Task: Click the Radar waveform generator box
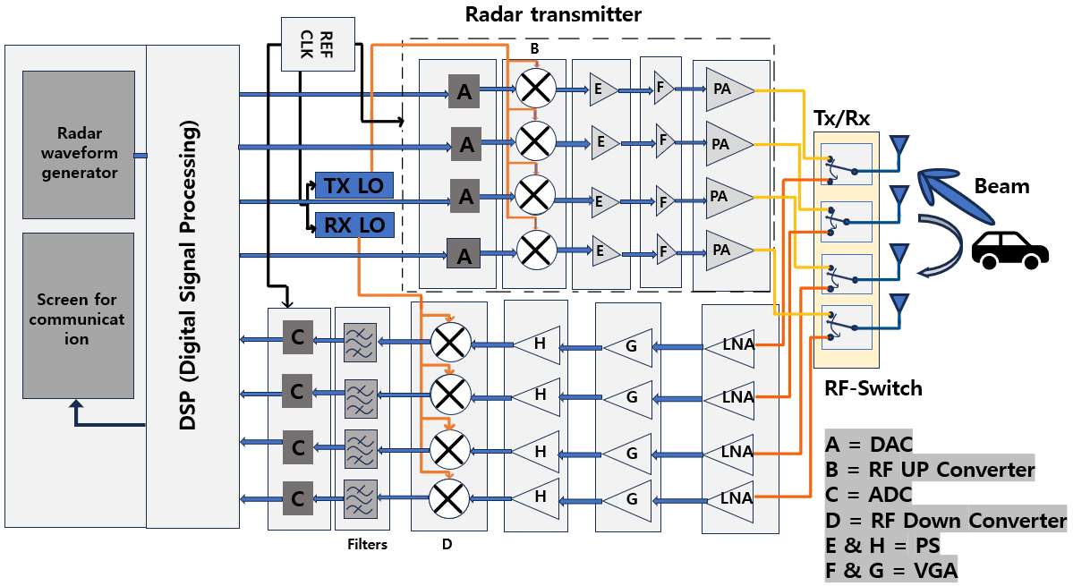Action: click(79, 144)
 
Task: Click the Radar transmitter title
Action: click(553, 14)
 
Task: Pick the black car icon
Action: click(1009, 249)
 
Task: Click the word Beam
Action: click(1001, 187)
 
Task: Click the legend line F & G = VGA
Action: click(890, 570)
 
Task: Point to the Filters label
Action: click(367, 543)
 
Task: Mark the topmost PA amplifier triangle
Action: click(725, 89)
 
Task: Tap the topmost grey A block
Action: click(464, 91)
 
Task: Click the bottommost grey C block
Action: click(296, 497)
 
